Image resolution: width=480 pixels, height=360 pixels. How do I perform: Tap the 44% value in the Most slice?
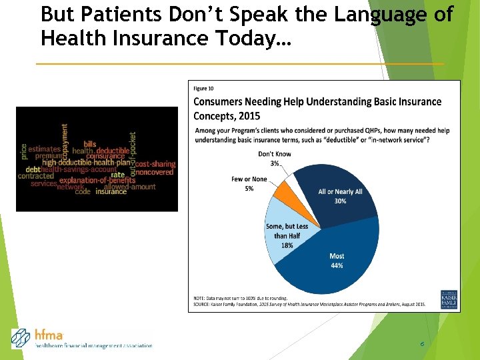pos(337,265)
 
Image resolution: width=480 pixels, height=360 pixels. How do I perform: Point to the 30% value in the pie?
pos(341,201)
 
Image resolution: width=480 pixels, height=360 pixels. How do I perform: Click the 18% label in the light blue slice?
pos(287,245)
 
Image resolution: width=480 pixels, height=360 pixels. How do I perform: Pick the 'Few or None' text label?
pos(249,179)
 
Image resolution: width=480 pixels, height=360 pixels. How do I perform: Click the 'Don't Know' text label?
pos(274,155)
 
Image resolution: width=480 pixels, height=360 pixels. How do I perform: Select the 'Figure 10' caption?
pos(204,88)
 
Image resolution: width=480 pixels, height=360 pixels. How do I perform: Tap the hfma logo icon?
pos(21,339)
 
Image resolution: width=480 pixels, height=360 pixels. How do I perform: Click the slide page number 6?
pos(422,343)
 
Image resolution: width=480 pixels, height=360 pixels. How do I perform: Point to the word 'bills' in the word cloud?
pos(89,144)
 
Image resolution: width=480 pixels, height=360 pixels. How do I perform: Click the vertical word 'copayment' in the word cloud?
pos(65,138)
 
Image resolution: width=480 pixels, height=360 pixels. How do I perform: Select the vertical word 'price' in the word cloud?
pos(24,151)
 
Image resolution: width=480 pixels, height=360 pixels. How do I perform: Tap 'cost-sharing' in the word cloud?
pos(155,164)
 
